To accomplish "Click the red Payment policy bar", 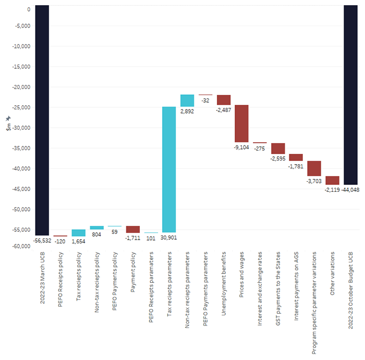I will click(132, 229).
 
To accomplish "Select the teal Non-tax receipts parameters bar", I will click(187, 101).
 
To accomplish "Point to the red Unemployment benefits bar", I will click(224, 100).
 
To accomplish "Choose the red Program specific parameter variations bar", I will click(314, 168).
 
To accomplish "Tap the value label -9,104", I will click(241, 147).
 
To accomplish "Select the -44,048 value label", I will click(350, 190).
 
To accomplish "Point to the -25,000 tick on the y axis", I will click(20, 107).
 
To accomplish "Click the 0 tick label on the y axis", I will click(28, 9).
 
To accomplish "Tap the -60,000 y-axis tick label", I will click(20, 246).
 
